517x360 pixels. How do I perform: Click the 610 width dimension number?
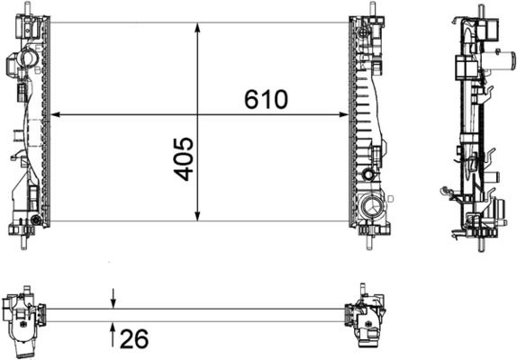(x=266, y=99)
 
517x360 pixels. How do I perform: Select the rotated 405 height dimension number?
(x=184, y=158)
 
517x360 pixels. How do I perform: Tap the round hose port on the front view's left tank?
(x=24, y=60)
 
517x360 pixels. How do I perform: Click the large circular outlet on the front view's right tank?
(x=371, y=208)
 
